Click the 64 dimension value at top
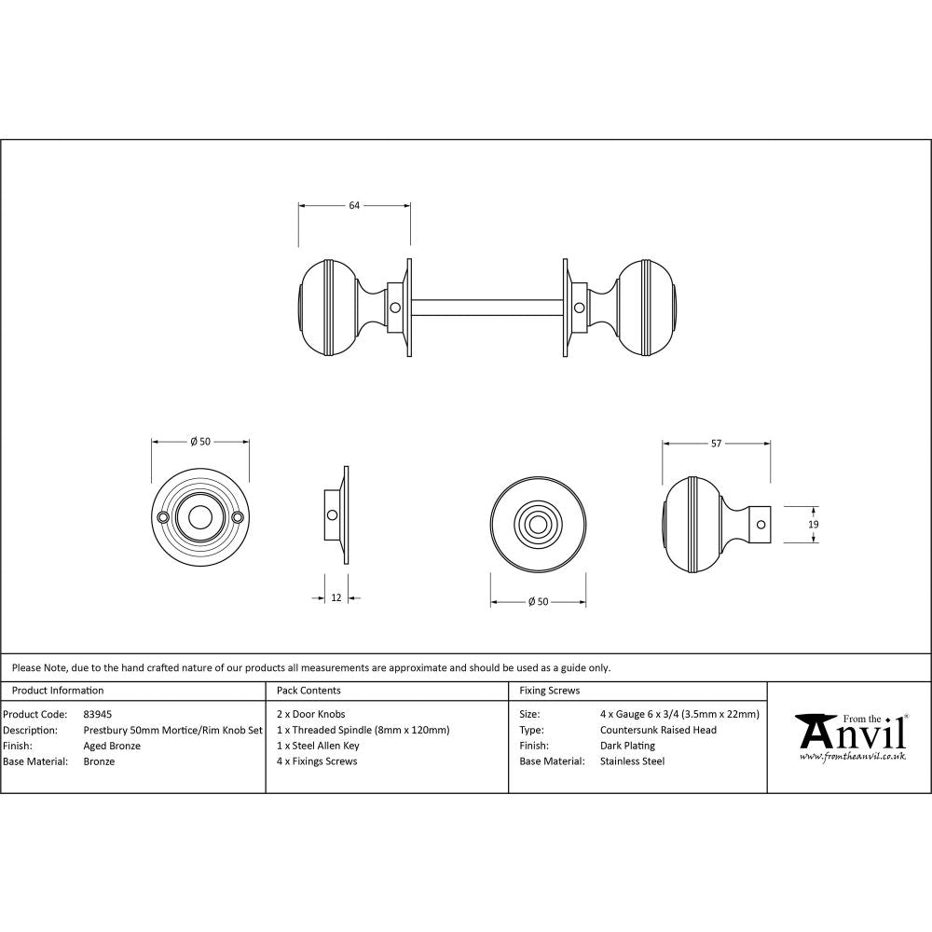pyautogui.click(x=354, y=206)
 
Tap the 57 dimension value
pyautogui.click(x=716, y=444)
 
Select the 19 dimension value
pyautogui.click(x=814, y=525)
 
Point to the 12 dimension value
pyautogui.click(x=336, y=597)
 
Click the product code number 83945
pyautogui.click(x=98, y=714)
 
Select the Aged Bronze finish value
pyautogui.click(x=112, y=746)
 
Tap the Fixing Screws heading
pyautogui.click(x=549, y=691)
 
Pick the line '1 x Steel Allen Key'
pyautogui.click(x=318, y=746)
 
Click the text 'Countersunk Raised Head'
pyautogui.click(x=658, y=730)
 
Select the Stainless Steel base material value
pyautogui.click(x=632, y=761)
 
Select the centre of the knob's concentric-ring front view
pyautogui.click(x=539, y=524)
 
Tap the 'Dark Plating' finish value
pyautogui.click(x=627, y=746)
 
